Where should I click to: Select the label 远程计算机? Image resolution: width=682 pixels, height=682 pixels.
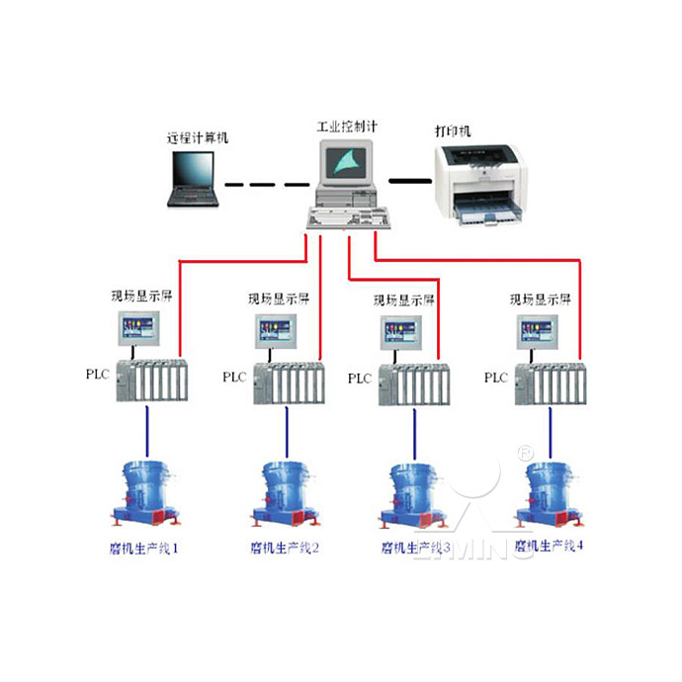(198, 138)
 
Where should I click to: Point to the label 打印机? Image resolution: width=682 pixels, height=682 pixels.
(454, 130)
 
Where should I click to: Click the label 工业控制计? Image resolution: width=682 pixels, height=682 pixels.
(347, 128)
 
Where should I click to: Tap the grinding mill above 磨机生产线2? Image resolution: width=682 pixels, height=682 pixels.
(287, 493)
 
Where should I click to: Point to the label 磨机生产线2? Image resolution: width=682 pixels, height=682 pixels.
(286, 546)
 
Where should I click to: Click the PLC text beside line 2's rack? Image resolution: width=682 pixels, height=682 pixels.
(233, 377)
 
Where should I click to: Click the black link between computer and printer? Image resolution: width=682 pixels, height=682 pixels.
(409, 181)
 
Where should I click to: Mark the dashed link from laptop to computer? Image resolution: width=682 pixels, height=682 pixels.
(265, 183)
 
